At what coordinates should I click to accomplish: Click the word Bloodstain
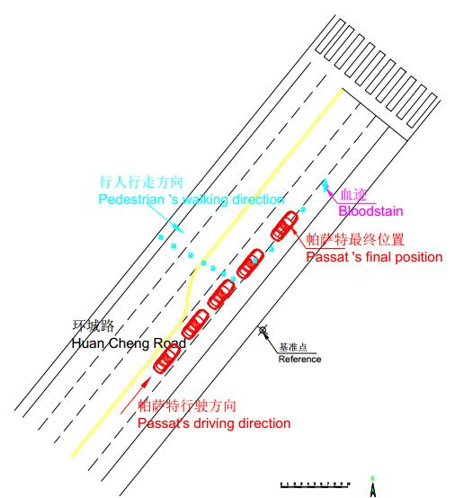370,211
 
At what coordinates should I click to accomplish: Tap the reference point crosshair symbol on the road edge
263,331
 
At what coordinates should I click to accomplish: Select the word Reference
299,360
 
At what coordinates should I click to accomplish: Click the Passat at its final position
284,227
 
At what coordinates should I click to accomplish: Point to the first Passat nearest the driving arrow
167,358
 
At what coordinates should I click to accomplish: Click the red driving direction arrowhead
146,382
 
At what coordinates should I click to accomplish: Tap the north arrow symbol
372,487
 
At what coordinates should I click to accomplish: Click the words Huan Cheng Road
129,343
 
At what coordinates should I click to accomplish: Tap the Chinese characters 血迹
353,195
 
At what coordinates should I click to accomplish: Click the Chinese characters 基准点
292,348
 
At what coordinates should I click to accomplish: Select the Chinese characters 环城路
93,326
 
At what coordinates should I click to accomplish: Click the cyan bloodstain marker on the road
325,185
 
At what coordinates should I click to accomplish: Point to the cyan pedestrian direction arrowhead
177,227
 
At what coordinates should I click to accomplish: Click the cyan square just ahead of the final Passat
303,209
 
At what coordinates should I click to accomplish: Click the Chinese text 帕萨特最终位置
355,239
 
